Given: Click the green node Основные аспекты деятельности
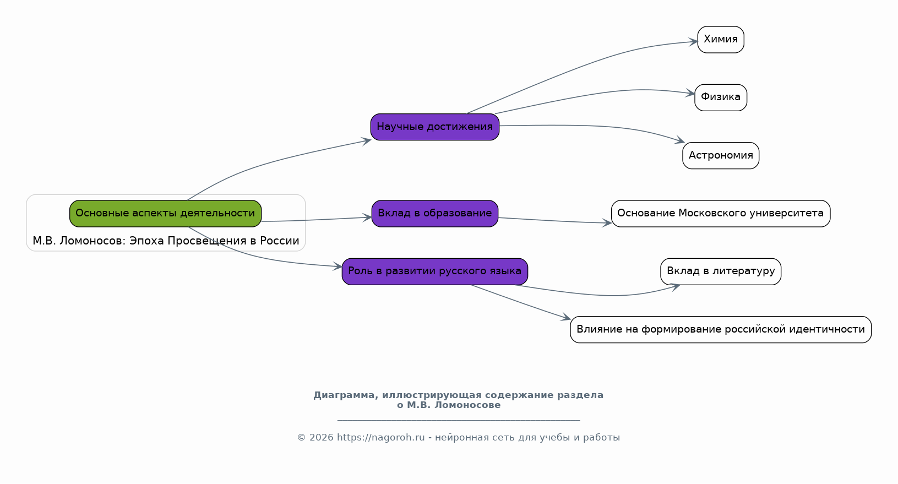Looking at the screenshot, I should pos(165,214).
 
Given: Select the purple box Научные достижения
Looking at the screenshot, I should pos(434,127).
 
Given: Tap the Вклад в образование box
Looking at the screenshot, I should pos(434,214).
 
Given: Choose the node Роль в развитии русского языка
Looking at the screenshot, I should pos(434,271).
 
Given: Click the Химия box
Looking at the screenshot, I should pos(720,40).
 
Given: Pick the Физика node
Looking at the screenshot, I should pos(720,97).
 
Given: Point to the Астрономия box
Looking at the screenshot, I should pos(720,156).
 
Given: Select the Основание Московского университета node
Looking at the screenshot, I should pos(720,214).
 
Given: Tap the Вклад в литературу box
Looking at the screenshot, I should pos(720,271).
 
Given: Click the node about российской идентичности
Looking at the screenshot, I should pos(720,330).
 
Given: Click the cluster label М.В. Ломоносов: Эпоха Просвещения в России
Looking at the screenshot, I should pos(166,241).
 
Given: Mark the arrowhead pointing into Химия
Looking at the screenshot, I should pos(694,41).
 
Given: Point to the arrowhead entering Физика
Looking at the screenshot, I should pos(690,94).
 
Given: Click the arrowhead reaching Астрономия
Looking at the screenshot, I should pos(680,142).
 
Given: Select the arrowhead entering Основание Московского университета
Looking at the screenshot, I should pos(607,223).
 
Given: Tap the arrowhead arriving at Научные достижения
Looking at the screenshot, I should pos(367,140).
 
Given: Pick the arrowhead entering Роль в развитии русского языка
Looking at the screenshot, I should pos(338,267).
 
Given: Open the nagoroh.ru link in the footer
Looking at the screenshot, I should pos(380,438).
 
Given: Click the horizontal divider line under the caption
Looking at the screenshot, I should pos(458,420).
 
